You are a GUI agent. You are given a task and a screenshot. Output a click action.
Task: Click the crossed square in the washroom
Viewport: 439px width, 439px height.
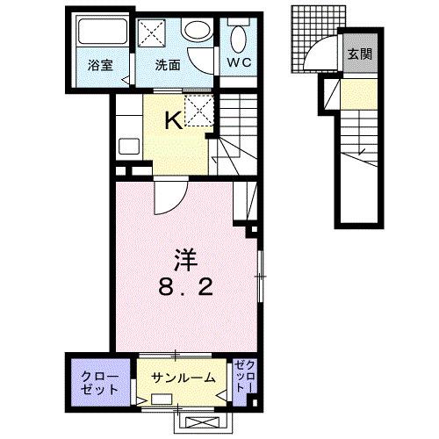tap(155, 33)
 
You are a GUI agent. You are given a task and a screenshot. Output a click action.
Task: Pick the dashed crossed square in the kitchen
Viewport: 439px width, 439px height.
tap(199, 112)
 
